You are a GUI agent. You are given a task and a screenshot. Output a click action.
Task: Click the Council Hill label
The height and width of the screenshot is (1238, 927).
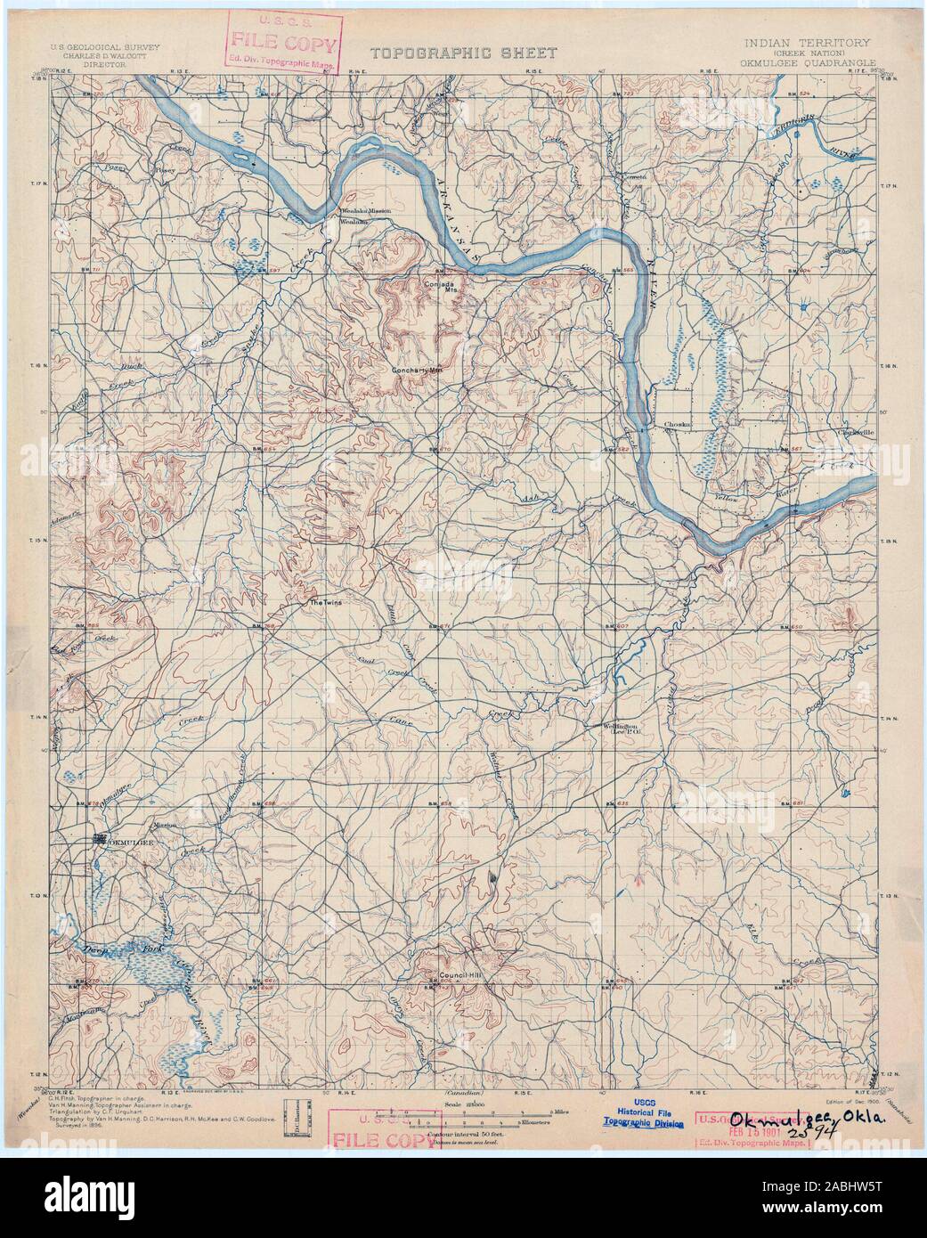(463, 976)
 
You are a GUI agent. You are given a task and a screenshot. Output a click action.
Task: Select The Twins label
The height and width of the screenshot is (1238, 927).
(324, 604)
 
